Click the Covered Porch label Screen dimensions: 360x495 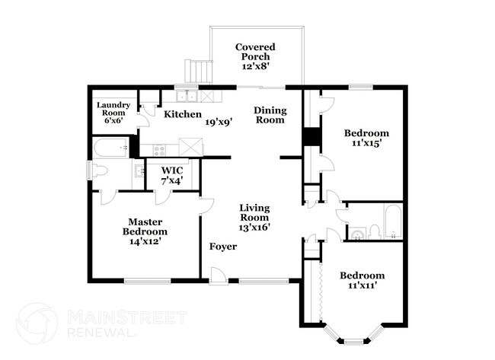(x=255, y=57)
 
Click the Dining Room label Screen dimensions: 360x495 (x=269, y=114)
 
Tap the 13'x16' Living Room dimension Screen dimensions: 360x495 (x=255, y=226)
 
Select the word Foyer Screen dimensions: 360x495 (x=223, y=247)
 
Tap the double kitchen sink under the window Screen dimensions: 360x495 (x=185, y=96)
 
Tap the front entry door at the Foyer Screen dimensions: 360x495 (x=219, y=276)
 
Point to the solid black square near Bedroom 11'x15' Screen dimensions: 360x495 (x=311, y=138)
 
